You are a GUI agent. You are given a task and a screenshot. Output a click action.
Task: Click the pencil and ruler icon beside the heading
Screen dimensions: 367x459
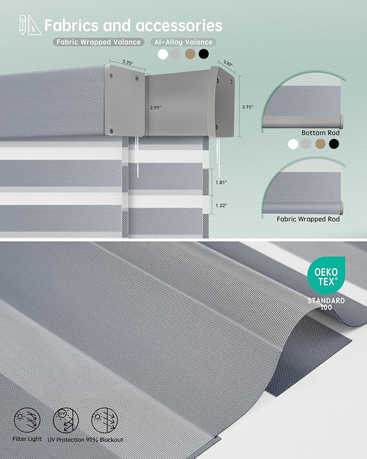30,25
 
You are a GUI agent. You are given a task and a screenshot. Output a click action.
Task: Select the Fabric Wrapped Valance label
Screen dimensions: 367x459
98,42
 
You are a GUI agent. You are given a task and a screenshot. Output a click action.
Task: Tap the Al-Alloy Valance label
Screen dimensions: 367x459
184,42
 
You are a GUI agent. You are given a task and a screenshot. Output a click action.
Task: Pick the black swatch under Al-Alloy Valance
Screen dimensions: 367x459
204,54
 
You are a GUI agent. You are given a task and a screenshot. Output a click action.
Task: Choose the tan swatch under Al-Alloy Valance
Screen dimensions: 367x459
190,54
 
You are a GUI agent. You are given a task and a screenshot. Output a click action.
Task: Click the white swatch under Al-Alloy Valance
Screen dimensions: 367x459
163,54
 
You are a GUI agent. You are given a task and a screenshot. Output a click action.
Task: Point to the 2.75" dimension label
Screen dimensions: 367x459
128,62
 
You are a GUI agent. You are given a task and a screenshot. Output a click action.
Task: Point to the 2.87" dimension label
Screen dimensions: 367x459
228,63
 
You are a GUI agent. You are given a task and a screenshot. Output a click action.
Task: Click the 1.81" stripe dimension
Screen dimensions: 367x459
221,182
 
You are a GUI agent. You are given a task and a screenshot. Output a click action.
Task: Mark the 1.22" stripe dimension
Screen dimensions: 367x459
221,205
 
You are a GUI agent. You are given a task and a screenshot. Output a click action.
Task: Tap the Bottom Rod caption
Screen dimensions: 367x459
321,133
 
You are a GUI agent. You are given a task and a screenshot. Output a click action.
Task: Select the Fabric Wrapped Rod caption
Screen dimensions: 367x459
308,219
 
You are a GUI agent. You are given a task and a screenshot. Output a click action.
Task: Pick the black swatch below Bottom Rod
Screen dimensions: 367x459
334,144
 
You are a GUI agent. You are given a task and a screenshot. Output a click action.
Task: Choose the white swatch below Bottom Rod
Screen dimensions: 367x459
293,144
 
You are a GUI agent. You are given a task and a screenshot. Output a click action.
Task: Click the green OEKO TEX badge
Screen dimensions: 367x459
326,276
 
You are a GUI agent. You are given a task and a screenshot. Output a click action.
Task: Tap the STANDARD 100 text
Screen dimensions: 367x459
326,304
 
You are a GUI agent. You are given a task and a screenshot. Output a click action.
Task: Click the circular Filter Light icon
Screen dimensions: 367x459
27,421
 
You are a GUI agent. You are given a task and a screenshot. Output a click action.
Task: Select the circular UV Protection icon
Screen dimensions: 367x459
66,421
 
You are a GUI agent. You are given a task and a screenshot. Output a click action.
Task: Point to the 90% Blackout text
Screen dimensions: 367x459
104,440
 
